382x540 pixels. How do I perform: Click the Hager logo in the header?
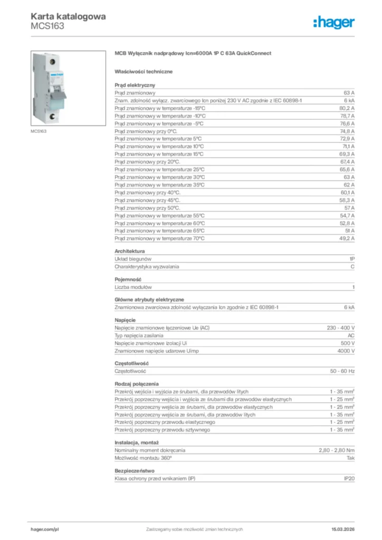pyautogui.click(x=334, y=22)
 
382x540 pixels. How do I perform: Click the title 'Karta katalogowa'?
pyautogui.click(x=68, y=16)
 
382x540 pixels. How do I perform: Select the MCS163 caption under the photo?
pyautogui.click(x=40, y=131)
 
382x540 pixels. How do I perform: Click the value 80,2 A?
pyautogui.click(x=347, y=108)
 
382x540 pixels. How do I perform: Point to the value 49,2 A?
pyautogui.click(x=347, y=238)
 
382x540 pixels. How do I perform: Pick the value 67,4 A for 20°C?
pyautogui.click(x=347, y=161)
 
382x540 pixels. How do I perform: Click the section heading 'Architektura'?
pyautogui.click(x=130, y=252)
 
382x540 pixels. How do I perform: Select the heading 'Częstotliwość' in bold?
pyautogui.click(x=132, y=363)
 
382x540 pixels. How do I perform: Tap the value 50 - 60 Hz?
pyautogui.click(x=342, y=371)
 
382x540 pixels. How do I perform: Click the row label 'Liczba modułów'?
pyautogui.click(x=133, y=287)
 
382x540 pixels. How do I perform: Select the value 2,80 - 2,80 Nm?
pyautogui.click(x=337, y=450)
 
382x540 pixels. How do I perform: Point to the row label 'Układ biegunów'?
pyautogui.click(x=133, y=259)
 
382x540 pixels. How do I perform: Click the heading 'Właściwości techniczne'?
pyautogui.click(x=144, y=71)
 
